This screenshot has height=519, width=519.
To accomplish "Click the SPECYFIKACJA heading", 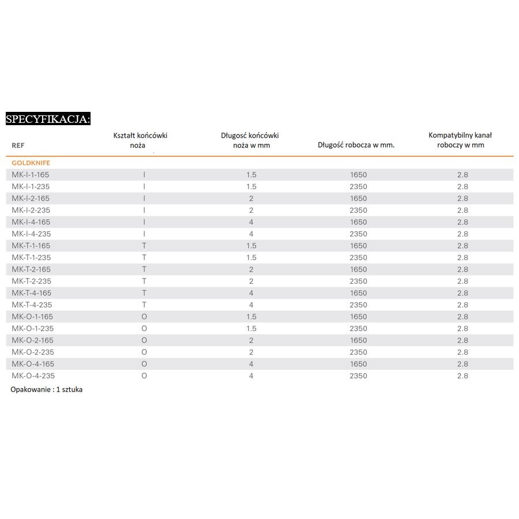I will (x=48, y=119).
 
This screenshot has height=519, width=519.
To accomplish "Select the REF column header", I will (x=18, y=145).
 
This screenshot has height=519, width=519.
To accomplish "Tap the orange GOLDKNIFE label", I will (x=31, y=163).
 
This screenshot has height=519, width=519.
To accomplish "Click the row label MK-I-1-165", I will (x=31, y=175).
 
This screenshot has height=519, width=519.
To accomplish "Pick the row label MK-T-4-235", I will (x=31, y=304).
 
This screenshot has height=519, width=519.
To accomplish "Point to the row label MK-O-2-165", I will (x=32, y=340).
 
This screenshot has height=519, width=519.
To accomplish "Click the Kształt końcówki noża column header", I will (x=144, y=140).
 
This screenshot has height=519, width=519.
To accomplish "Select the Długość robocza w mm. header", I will (x=356, y=145).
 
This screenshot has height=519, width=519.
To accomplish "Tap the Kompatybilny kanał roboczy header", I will (x=460, y=140).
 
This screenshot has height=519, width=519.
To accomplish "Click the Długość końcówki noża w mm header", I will (x=250, y=140).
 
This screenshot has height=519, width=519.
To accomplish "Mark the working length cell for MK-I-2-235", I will (x=358, y=210).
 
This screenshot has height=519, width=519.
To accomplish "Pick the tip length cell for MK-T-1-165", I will (x=251, y=246).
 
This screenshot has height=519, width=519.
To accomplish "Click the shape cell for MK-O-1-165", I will (x=144, y=317).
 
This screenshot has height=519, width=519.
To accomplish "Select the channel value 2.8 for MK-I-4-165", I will (x=462, y=222).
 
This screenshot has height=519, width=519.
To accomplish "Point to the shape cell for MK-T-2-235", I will (x=144, y=281).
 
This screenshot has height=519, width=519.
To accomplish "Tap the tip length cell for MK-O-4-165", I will (x=251, y=364).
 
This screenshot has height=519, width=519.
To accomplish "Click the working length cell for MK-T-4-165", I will (x=358, y=293).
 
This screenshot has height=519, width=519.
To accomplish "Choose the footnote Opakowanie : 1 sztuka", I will (x=47, y=389).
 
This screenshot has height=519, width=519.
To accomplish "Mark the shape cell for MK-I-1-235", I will (x=144, y=186).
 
